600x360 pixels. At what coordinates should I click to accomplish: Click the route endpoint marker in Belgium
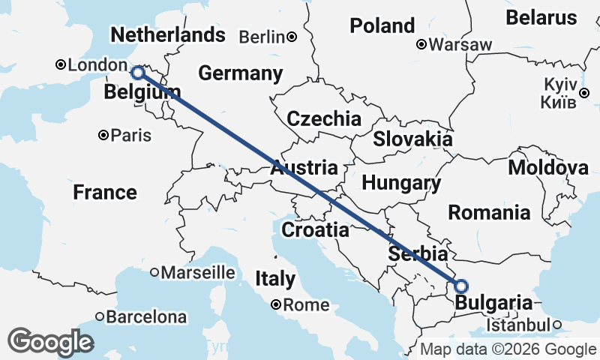click(138, 73)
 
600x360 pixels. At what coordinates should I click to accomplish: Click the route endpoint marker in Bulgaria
click(460, 286)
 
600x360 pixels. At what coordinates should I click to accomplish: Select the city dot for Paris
click(103, 136)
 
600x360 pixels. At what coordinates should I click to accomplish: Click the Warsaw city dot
click(422, 45)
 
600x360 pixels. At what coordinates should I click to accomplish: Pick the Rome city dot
click(276, 304)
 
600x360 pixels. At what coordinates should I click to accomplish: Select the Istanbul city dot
click(557, 325)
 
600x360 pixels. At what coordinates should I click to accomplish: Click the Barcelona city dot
click(99, 317)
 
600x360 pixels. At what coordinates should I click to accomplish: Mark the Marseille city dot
click(154, 272)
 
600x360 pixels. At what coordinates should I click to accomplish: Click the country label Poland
click(382, 26)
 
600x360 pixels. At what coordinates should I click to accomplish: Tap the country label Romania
click(489, 213)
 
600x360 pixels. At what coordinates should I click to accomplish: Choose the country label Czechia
click(324, 118)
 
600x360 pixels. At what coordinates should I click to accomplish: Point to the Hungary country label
click(401, 183)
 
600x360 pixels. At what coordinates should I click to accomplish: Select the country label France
click(105, 193)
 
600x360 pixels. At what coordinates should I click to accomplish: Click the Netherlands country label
click(167, 34)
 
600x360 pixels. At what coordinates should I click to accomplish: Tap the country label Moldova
click(548, 168)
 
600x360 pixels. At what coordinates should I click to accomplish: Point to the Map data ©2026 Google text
click(508, 349)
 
